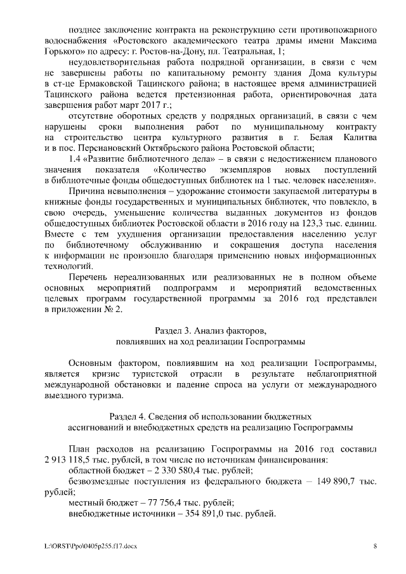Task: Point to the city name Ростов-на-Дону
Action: [183, 50]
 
